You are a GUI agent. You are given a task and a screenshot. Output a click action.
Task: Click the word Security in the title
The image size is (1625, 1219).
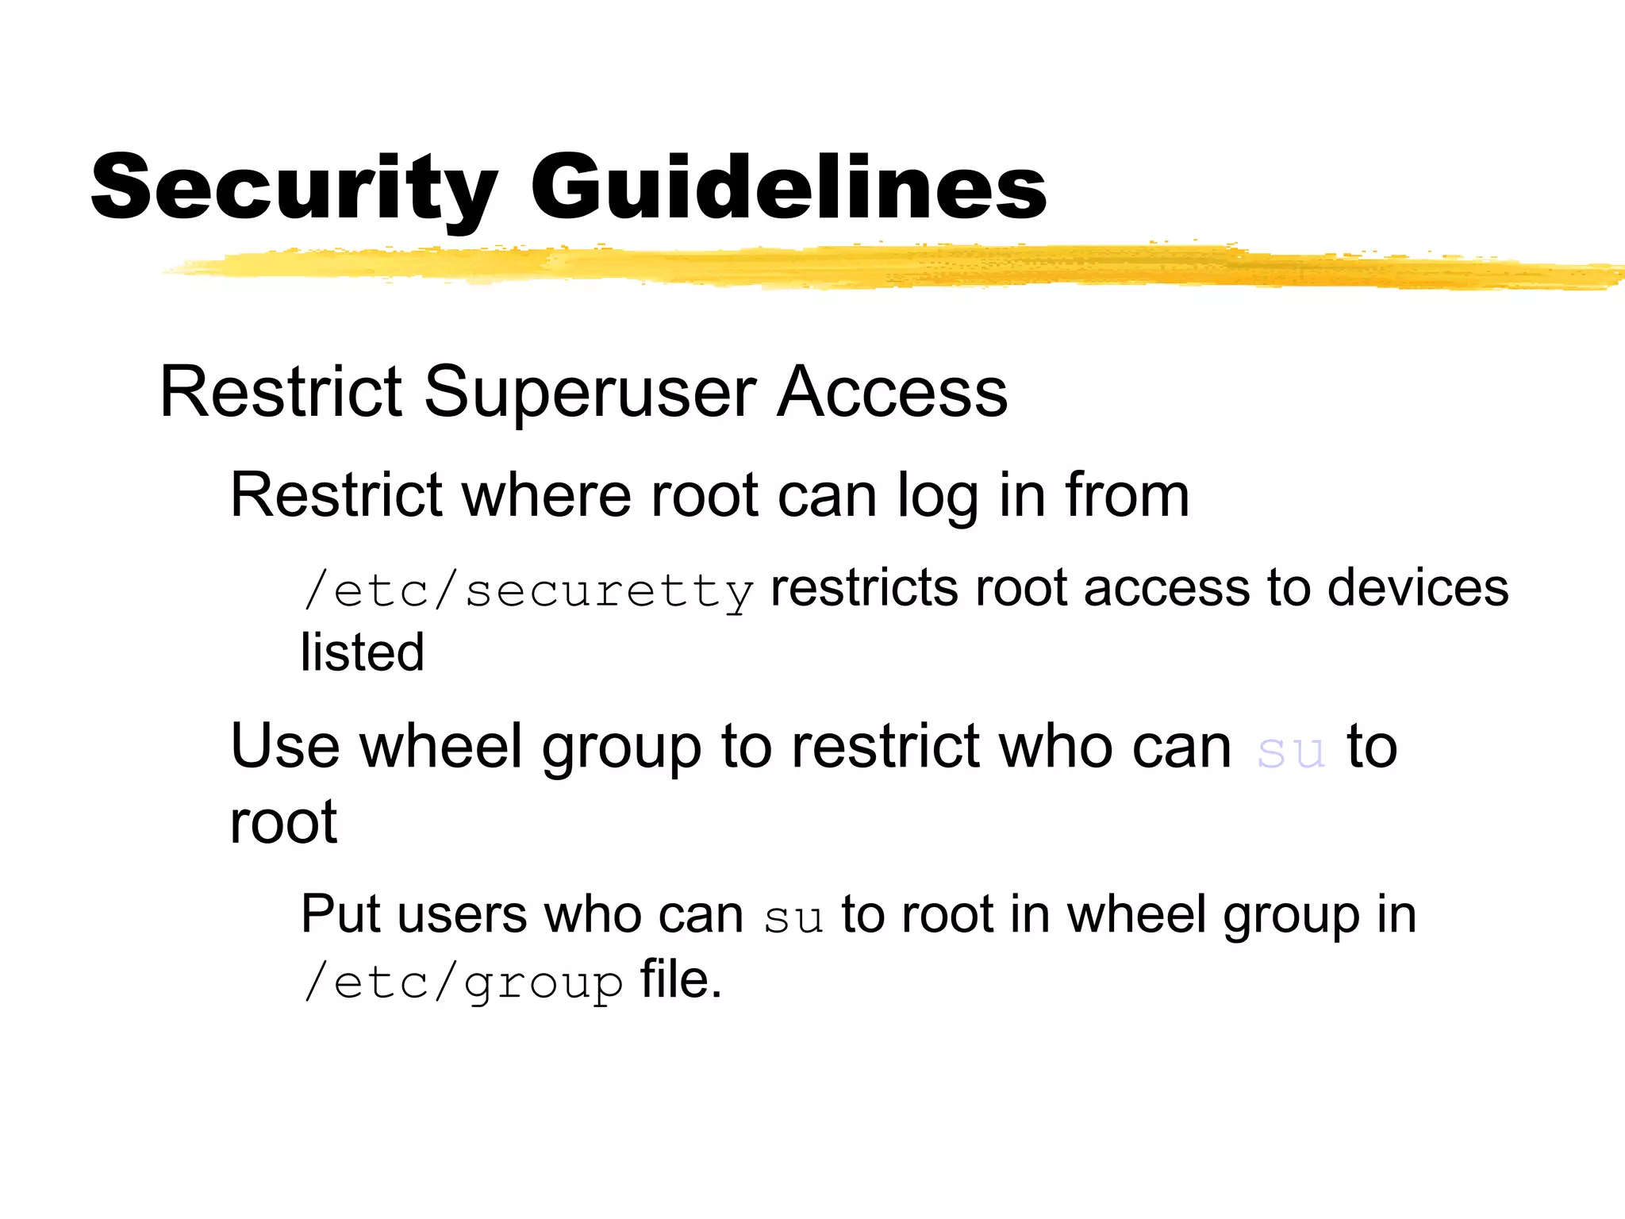point(294,188)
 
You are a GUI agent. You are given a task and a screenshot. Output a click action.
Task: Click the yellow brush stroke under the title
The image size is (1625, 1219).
point(873,267)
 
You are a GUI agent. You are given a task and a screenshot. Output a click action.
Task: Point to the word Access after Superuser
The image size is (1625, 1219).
point(892,392)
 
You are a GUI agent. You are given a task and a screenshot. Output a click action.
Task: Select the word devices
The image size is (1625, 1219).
point(1418,588)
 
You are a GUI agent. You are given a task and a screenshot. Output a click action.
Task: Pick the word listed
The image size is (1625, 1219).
point(363,652)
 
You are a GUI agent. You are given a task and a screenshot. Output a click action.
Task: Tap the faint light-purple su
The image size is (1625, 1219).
point(1291,751)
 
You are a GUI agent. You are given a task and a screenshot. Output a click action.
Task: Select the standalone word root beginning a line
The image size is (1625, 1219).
point(284,822)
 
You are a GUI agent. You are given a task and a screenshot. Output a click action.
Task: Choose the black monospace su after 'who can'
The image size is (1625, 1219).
point(793,919)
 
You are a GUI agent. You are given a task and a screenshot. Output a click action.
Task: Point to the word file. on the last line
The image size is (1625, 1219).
point(681,979)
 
